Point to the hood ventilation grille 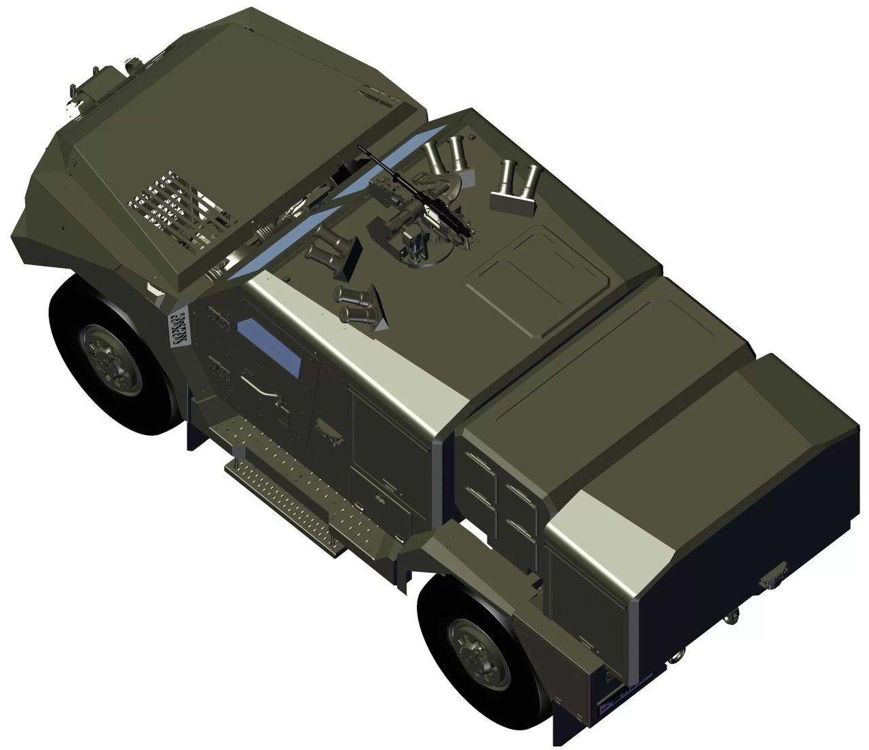coord(178,210)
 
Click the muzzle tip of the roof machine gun coord(360,147)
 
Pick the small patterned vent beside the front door coord(179,330)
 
